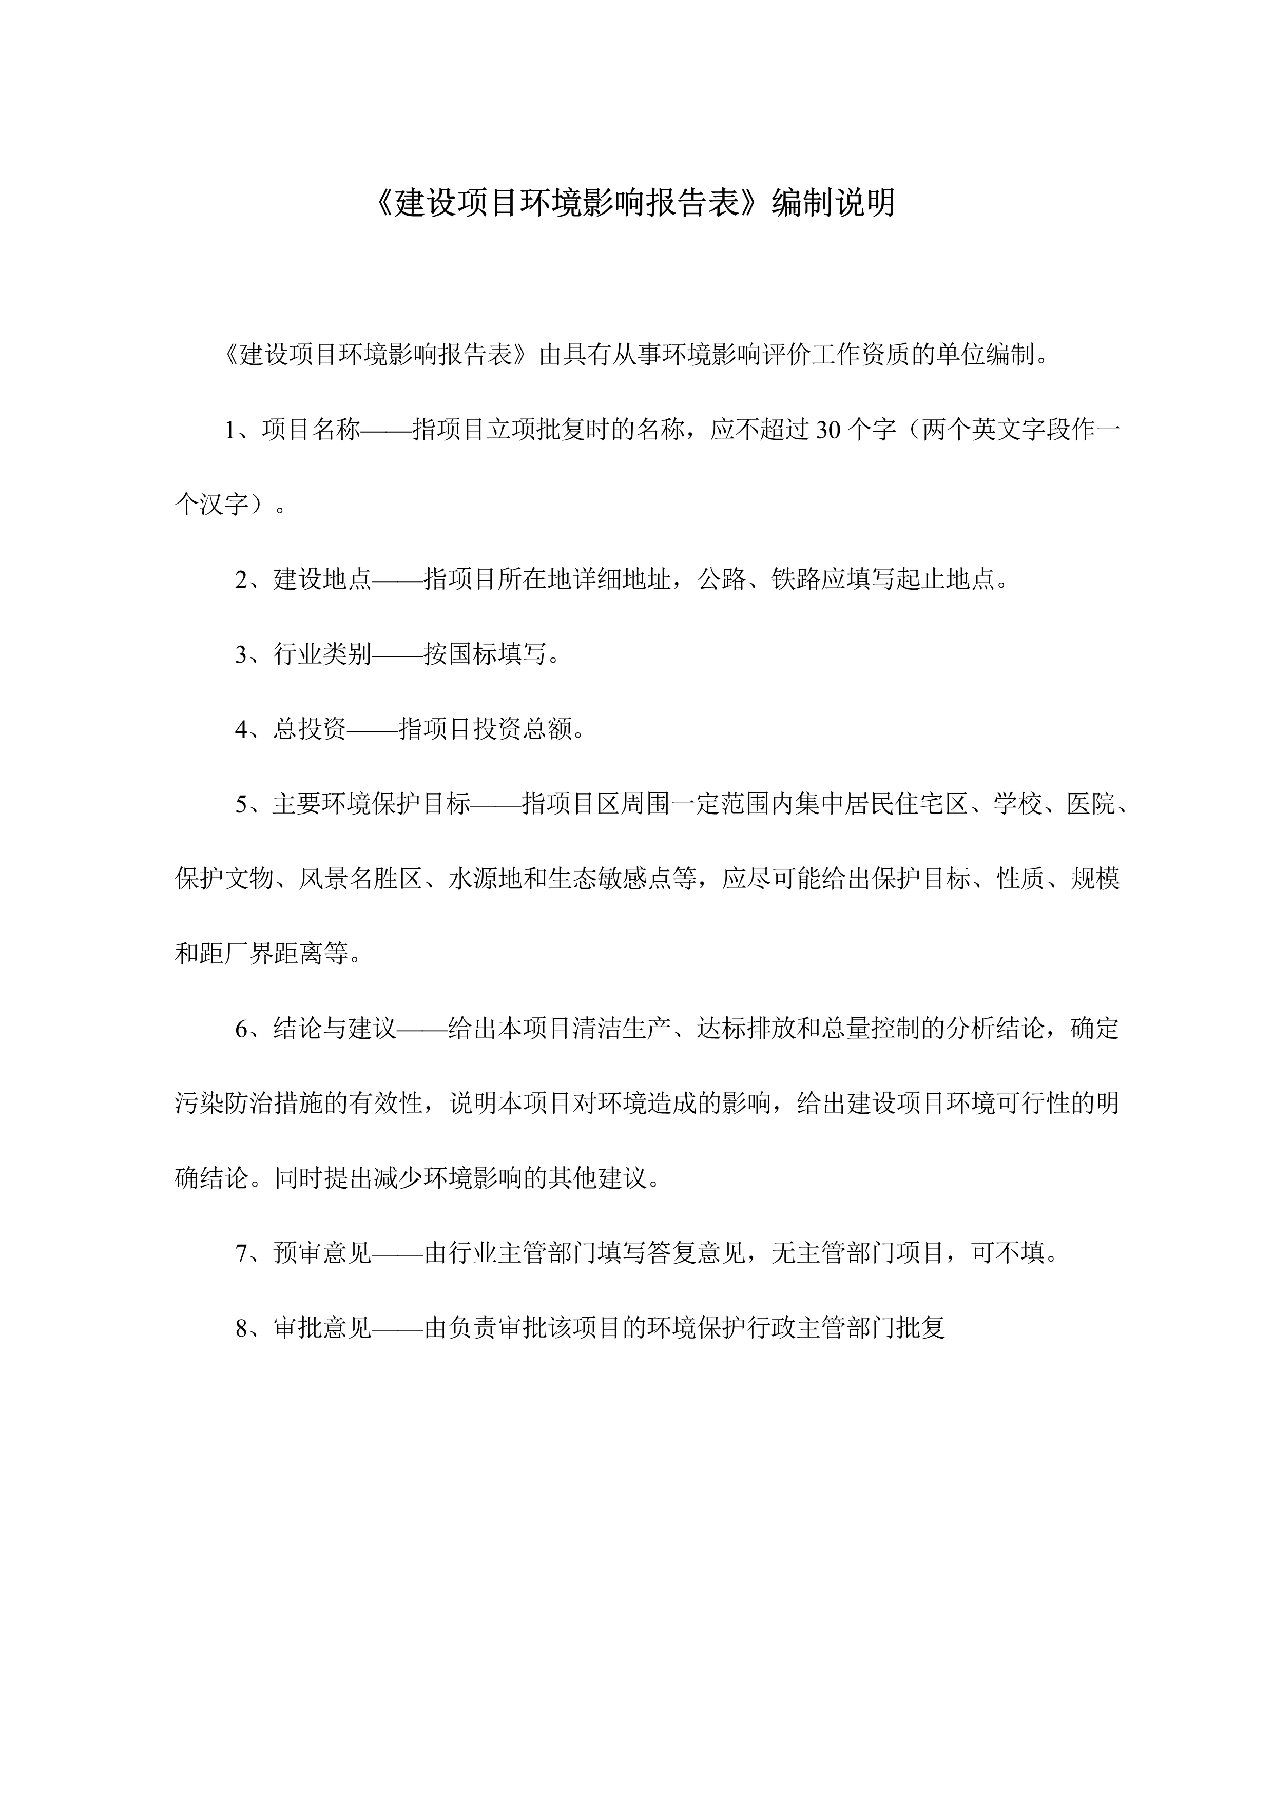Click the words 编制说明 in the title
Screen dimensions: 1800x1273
[x=833, y=203]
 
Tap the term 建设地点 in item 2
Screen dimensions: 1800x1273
[x=322, y=579]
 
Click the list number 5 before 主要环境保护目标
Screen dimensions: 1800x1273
[x=242, y=804]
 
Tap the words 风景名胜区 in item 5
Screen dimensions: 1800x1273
[x=360, y=879]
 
